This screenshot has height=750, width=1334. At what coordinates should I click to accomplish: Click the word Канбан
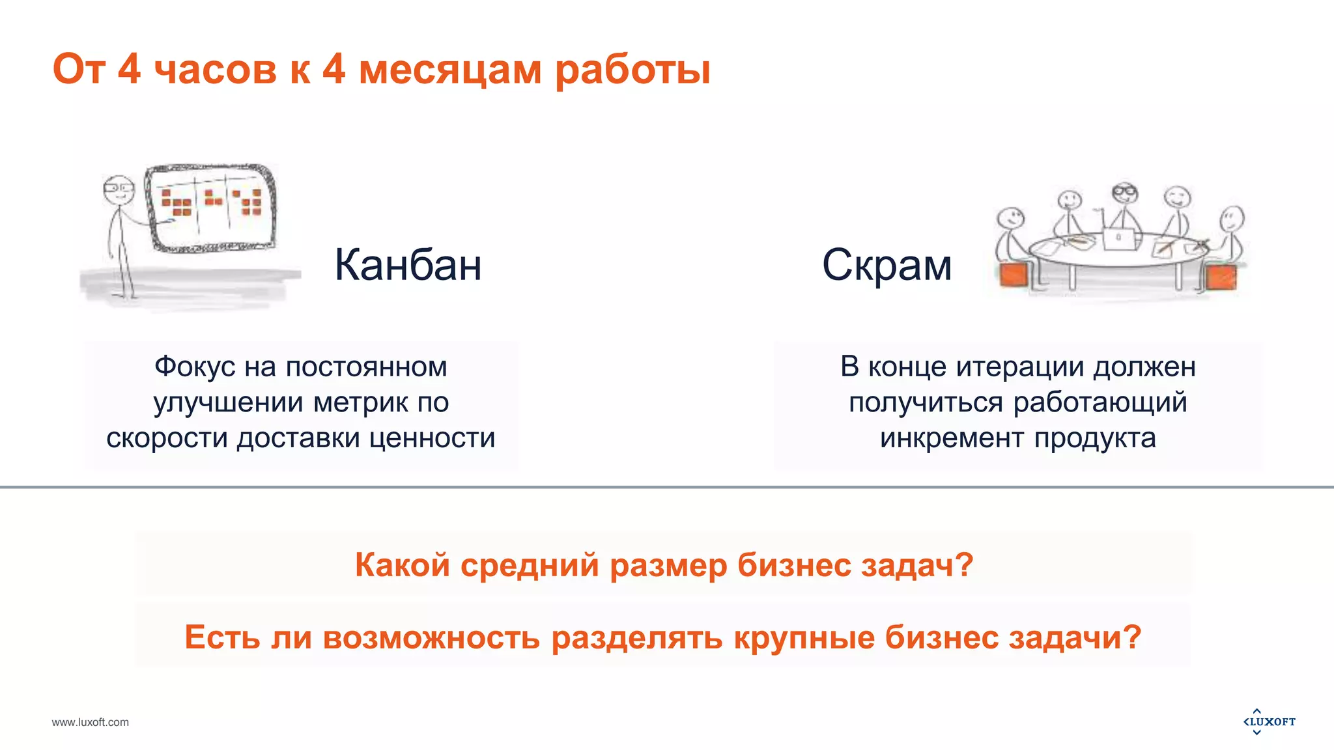point(408,265)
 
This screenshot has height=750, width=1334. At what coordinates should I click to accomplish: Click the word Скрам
point(887,265)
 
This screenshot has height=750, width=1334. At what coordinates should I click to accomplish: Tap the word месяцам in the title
point(449,69)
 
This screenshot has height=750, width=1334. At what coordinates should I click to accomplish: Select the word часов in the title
point(216,69)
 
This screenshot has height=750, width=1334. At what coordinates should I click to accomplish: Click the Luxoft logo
point(1269,721)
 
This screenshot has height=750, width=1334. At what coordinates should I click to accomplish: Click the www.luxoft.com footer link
point(90,722)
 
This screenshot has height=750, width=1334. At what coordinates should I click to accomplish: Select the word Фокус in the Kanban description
point(195,367)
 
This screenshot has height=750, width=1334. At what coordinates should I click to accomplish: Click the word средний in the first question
point(529,564)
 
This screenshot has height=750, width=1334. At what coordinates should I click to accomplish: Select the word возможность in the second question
point(431,637)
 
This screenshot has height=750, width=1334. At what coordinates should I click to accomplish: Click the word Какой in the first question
point(402,564)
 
